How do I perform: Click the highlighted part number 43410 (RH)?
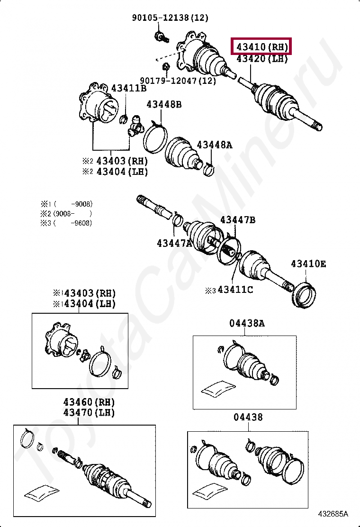pyautogui.click(x=262, y=47)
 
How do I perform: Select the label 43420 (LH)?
pyautogui.click(x=262, y=59)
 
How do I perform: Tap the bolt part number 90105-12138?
pyautogui.click(x=170, y=18)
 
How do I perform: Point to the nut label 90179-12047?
pyautogui.click(x=178, y=81)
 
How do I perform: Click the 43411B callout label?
pyautogui.click(x=129, y=88)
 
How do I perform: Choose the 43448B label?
pyautogui.click(x=163, y=104)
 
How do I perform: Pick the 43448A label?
pyautogui.click(x=215, y=145)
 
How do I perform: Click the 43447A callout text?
pyautogui.click(x=175, y=243)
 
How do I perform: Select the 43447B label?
pyautogui.click(x=238, y=220)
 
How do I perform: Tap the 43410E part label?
pyautogui.click(x=308, y=264)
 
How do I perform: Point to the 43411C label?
pyautogui.click(x=235, y=290)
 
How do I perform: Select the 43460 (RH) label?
pyautogui.click(x=90, y=402)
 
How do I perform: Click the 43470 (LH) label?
pyautogui.click(x=90, y=412)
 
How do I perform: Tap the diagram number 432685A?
pyautogui.click(x=333, y=514)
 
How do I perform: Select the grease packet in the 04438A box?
pyautogui.click(x=218, y=388)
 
